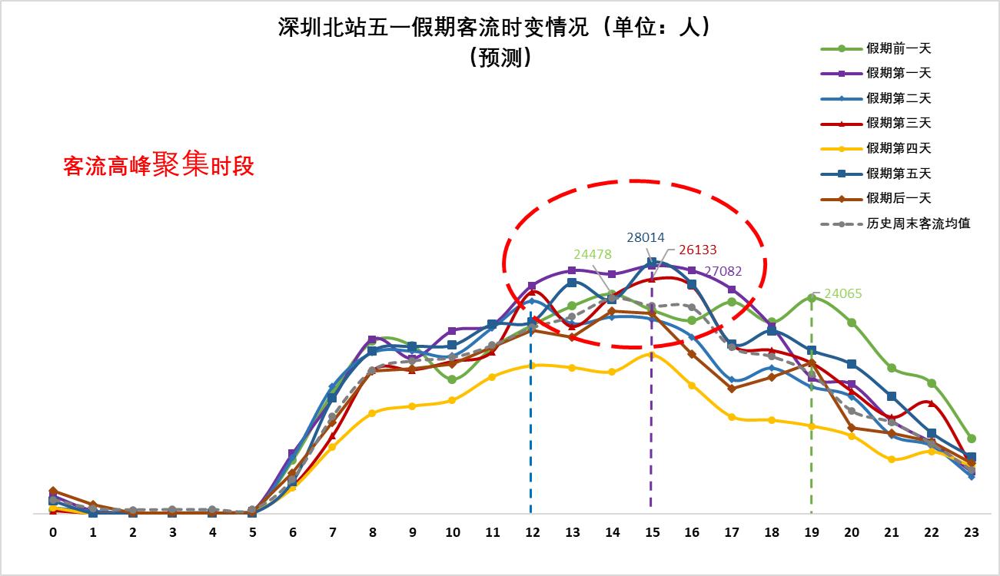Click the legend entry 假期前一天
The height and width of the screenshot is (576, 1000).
pos(898,48)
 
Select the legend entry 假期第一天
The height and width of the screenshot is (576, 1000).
pos(898,73)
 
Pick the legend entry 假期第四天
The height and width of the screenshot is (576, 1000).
pos(898,148)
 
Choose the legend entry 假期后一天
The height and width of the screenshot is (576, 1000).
pos(898,198)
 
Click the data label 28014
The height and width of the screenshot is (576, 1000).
pos(646,238)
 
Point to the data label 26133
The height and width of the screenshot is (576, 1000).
pos(697,250)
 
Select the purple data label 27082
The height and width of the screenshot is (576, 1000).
pos(723,270)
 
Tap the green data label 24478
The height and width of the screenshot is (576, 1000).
pos(592,254)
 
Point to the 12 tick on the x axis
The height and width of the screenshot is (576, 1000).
pos(530,531)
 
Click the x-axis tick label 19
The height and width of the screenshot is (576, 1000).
pos(812,531)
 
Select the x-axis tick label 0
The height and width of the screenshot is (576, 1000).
pos(53,531)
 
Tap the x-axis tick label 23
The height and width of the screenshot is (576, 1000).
pos(972,531)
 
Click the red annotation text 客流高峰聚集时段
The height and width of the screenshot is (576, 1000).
pos(158,164)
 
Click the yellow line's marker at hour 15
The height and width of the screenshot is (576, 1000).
pos(652,354)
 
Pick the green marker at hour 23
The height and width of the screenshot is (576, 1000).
pos(972,439)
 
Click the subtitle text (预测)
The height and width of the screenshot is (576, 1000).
pos(500,58)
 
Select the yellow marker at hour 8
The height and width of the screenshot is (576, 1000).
pos(372,413)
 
